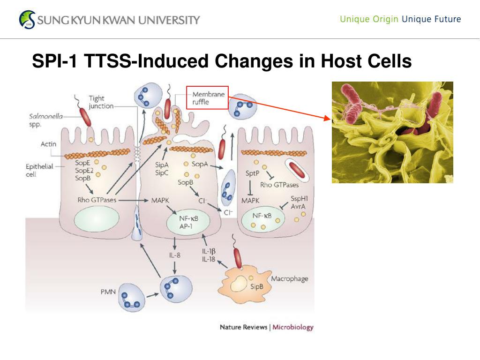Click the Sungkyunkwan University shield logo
pos(27,19)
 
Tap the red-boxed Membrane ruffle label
pos(207,97)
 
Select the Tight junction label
pos(101,102)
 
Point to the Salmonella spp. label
pos(45,120)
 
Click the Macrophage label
pos(290,279)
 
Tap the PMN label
pos(108,292)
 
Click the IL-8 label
pos(175,255)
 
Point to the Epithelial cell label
pos(39,170)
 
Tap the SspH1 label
pos(299,198)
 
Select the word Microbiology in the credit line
pos(293,327)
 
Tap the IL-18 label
pos(209,259)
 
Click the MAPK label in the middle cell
pos(160,200)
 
